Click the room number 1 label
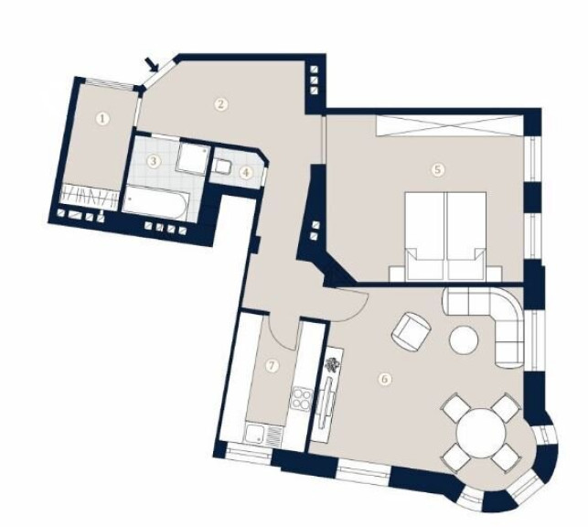tap(102, 119)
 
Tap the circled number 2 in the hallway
tap(221, 103)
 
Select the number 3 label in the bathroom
tap(153, 162)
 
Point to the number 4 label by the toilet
tap(246, 173)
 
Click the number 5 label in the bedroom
tap(438, 169)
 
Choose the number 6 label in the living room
tap(385, 379)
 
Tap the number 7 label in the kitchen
tap(273, 366)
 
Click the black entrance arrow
tap(152, 65)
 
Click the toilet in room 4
tap(223, 167)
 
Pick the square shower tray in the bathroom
tap(192, 156)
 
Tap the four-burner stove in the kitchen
tap(303, 398)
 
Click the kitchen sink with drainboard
tap(263, 435)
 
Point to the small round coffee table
tap(464, 339)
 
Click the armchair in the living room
tap(411, 331)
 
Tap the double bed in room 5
tap(446, 236)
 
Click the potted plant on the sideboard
tap(332, 365)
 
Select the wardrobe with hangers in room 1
tap(90, 195)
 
